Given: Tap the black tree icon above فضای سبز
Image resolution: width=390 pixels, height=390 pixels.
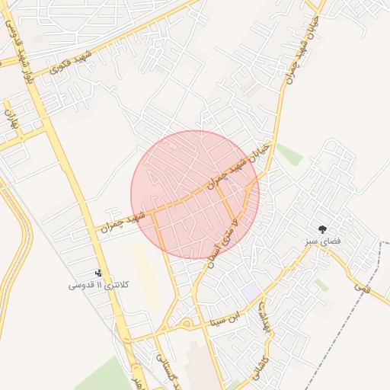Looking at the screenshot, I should pos(323,229).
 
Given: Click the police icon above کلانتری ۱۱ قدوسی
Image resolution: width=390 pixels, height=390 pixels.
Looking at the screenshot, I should pos(97,272).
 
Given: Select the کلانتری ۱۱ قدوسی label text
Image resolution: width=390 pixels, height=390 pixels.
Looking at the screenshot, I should pos(98,285).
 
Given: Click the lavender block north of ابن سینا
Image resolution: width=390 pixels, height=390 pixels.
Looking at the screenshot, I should pos(250,291).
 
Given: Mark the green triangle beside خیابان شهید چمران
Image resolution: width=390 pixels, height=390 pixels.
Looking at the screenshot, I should pos(289,154).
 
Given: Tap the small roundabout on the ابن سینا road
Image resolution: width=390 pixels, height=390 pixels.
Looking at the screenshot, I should pos(187,324).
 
